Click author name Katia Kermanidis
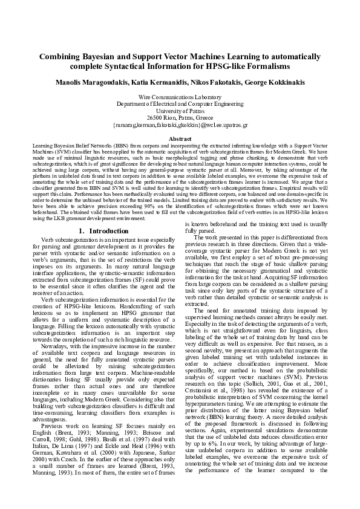point(161,82)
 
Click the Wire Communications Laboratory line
point(180,97)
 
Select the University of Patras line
point(180,111)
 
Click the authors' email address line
point(180,125)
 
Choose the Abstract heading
point(180,139)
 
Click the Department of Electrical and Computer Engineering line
point(180,104)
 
